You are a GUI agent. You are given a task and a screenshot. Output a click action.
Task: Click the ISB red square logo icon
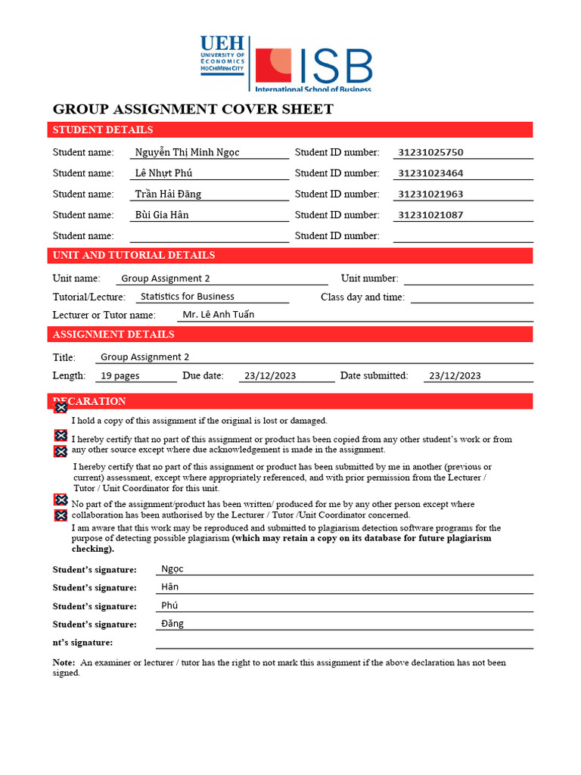(x=273, y=66)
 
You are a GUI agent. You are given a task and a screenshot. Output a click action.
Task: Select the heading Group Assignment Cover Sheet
(x=193, y=109)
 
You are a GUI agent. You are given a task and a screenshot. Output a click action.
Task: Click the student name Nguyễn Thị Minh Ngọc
(x=187, y=152)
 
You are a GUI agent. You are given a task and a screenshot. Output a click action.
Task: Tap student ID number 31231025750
(x=430, y=152)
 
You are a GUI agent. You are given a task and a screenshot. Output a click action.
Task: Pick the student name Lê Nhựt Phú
(x=163, y=173)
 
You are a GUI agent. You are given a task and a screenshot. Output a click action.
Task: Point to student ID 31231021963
(x=430, y=194)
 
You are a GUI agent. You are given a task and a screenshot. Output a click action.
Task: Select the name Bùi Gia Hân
(x=162, y=215)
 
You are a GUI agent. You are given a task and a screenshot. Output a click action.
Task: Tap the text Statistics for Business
(x=188, y=297)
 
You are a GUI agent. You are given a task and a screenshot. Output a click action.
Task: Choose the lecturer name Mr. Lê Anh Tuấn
(x=218, y=315)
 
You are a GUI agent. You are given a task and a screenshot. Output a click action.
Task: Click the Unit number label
(x=369, y=279)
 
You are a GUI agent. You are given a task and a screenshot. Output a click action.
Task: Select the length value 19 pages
(x=120, y=375)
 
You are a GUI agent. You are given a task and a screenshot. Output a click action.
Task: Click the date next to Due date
(x=269, y=375)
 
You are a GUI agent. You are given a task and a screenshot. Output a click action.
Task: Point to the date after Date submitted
(x=455, y=375)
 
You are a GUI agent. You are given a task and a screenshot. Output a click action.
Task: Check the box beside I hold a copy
(x=61, y=408)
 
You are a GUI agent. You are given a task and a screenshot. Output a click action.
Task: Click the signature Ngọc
(x=172, y=569)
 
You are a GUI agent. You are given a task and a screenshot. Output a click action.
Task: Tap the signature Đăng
(x=172, y=624)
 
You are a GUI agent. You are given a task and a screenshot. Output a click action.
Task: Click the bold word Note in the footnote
(x=64, y=662)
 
